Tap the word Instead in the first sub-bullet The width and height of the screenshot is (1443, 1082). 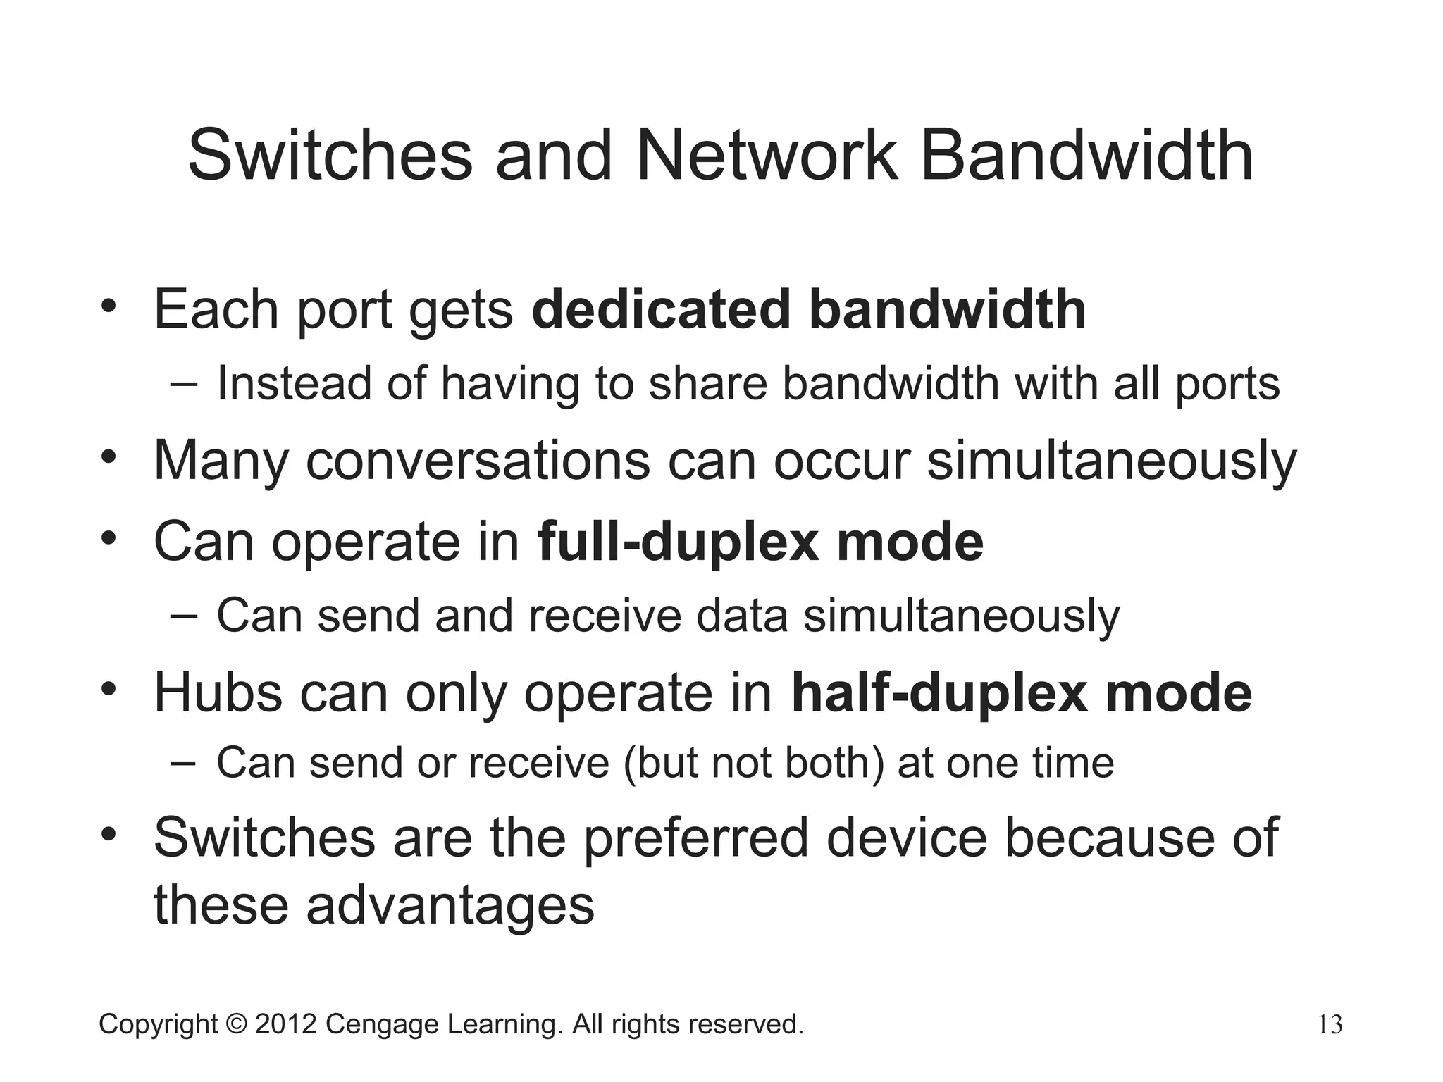293,384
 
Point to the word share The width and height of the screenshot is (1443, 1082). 707,384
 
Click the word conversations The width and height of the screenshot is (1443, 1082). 478,461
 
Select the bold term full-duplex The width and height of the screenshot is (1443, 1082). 678,542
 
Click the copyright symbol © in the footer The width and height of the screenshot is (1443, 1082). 236,1024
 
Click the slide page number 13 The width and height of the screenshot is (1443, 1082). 1330,1025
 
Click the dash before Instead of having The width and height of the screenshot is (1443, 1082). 184,384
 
